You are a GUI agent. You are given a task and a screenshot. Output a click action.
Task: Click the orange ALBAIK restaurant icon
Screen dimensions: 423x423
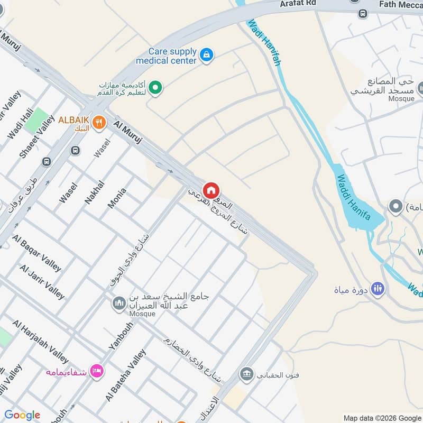[98, 123]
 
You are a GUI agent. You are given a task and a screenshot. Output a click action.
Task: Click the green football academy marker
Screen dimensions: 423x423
[155, 87]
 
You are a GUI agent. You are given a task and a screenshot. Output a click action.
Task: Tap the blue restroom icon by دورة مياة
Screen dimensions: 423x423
[378, 289]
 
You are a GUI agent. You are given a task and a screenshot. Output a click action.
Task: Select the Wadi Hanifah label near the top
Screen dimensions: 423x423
[264, 42]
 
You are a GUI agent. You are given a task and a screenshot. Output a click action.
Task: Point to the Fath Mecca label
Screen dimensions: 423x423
[400, 4]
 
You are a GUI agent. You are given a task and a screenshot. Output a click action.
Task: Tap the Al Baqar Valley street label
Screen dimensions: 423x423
[37, 253]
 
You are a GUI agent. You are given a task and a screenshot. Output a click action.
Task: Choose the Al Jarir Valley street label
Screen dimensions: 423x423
[42, 282]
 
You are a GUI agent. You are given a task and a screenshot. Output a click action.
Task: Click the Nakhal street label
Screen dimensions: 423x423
[95, 192]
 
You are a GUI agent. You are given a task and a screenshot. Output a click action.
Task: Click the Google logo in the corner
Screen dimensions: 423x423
[22, 415]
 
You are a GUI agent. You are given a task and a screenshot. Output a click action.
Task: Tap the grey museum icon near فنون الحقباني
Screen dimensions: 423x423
[246, 375]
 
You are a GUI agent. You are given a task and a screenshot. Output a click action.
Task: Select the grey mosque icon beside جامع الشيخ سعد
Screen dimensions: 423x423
[119, 304]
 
